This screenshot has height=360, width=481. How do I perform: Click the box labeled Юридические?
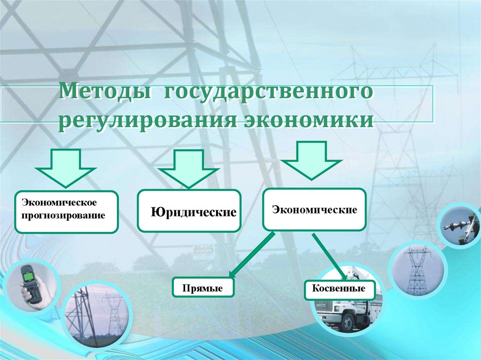click(x=189, y=211)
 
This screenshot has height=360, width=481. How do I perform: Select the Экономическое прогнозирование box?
click(x=66, y=212)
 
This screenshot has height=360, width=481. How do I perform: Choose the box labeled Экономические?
click(x=314, y=209)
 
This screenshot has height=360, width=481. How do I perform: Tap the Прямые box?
click(x=203, y=287)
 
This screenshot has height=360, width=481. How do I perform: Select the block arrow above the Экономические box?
click(x=311, y=160)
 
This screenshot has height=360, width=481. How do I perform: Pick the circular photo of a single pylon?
click(x=417, y=269)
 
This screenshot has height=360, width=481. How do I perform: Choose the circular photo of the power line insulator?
click(x=459, y=225)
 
